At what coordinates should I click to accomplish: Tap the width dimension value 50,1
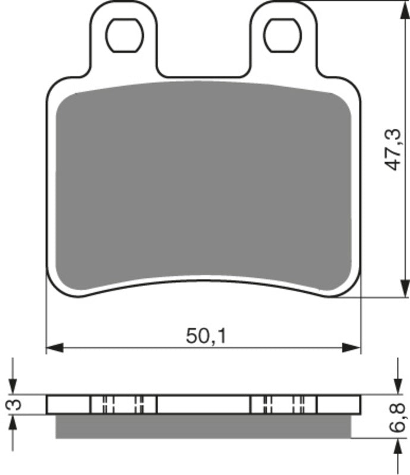206,337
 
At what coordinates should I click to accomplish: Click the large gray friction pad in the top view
203,184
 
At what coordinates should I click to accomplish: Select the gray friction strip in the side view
203,426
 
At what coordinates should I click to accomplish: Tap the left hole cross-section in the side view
124,404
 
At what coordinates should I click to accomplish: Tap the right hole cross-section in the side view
283,404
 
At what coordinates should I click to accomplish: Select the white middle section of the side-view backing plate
203,404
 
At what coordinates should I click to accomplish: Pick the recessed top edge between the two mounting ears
203,77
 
